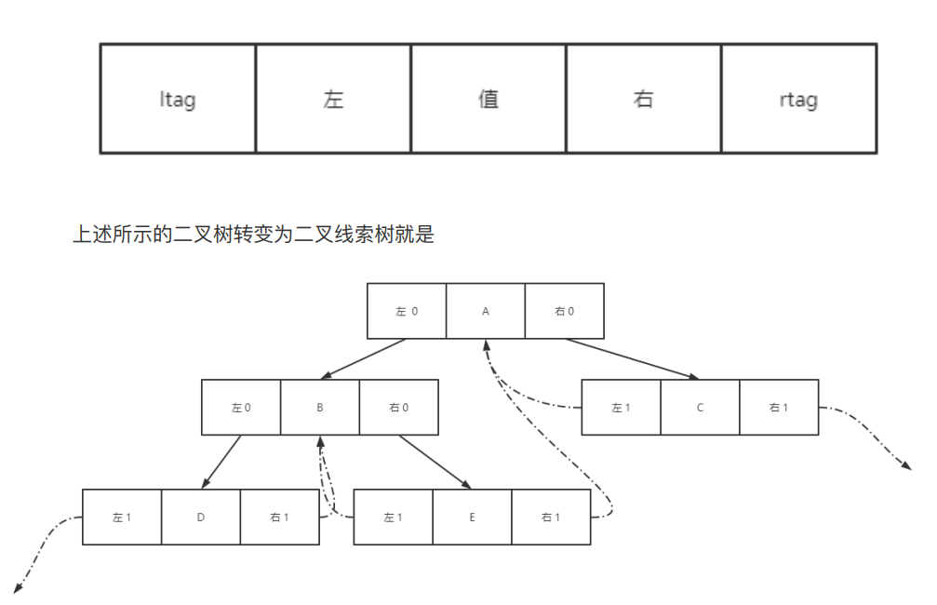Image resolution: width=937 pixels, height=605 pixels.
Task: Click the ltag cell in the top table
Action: (177, 99)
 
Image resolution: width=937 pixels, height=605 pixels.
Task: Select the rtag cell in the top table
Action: (798, 99)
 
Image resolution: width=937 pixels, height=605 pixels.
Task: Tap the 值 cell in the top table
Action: (489, 99)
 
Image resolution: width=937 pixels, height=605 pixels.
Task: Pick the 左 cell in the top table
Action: (333, 99)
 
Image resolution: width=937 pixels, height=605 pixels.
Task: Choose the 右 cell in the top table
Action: (643, 99)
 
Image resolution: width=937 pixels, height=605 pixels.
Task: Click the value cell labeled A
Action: (486, 311)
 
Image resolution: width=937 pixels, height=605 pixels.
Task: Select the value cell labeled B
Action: (320, 407)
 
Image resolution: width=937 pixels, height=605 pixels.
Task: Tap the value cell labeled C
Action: (700, 407)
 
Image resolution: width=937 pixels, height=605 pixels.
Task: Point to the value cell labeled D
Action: (201, 517)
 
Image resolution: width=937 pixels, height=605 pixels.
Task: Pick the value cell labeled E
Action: (472, 517)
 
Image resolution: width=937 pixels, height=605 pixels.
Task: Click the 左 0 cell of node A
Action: (407, 311)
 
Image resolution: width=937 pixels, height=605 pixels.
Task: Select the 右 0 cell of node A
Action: (564, 311)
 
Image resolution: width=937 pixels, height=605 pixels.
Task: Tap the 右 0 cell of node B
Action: (398, 407)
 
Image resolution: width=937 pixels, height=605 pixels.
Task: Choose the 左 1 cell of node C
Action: (621, 407)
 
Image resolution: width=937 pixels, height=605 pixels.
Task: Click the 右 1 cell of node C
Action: (779, 407)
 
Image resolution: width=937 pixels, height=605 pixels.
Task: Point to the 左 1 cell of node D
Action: (122, 517)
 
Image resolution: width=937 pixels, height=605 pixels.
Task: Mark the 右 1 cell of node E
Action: (551, 517)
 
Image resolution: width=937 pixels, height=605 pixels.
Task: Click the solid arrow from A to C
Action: (632, 359)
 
